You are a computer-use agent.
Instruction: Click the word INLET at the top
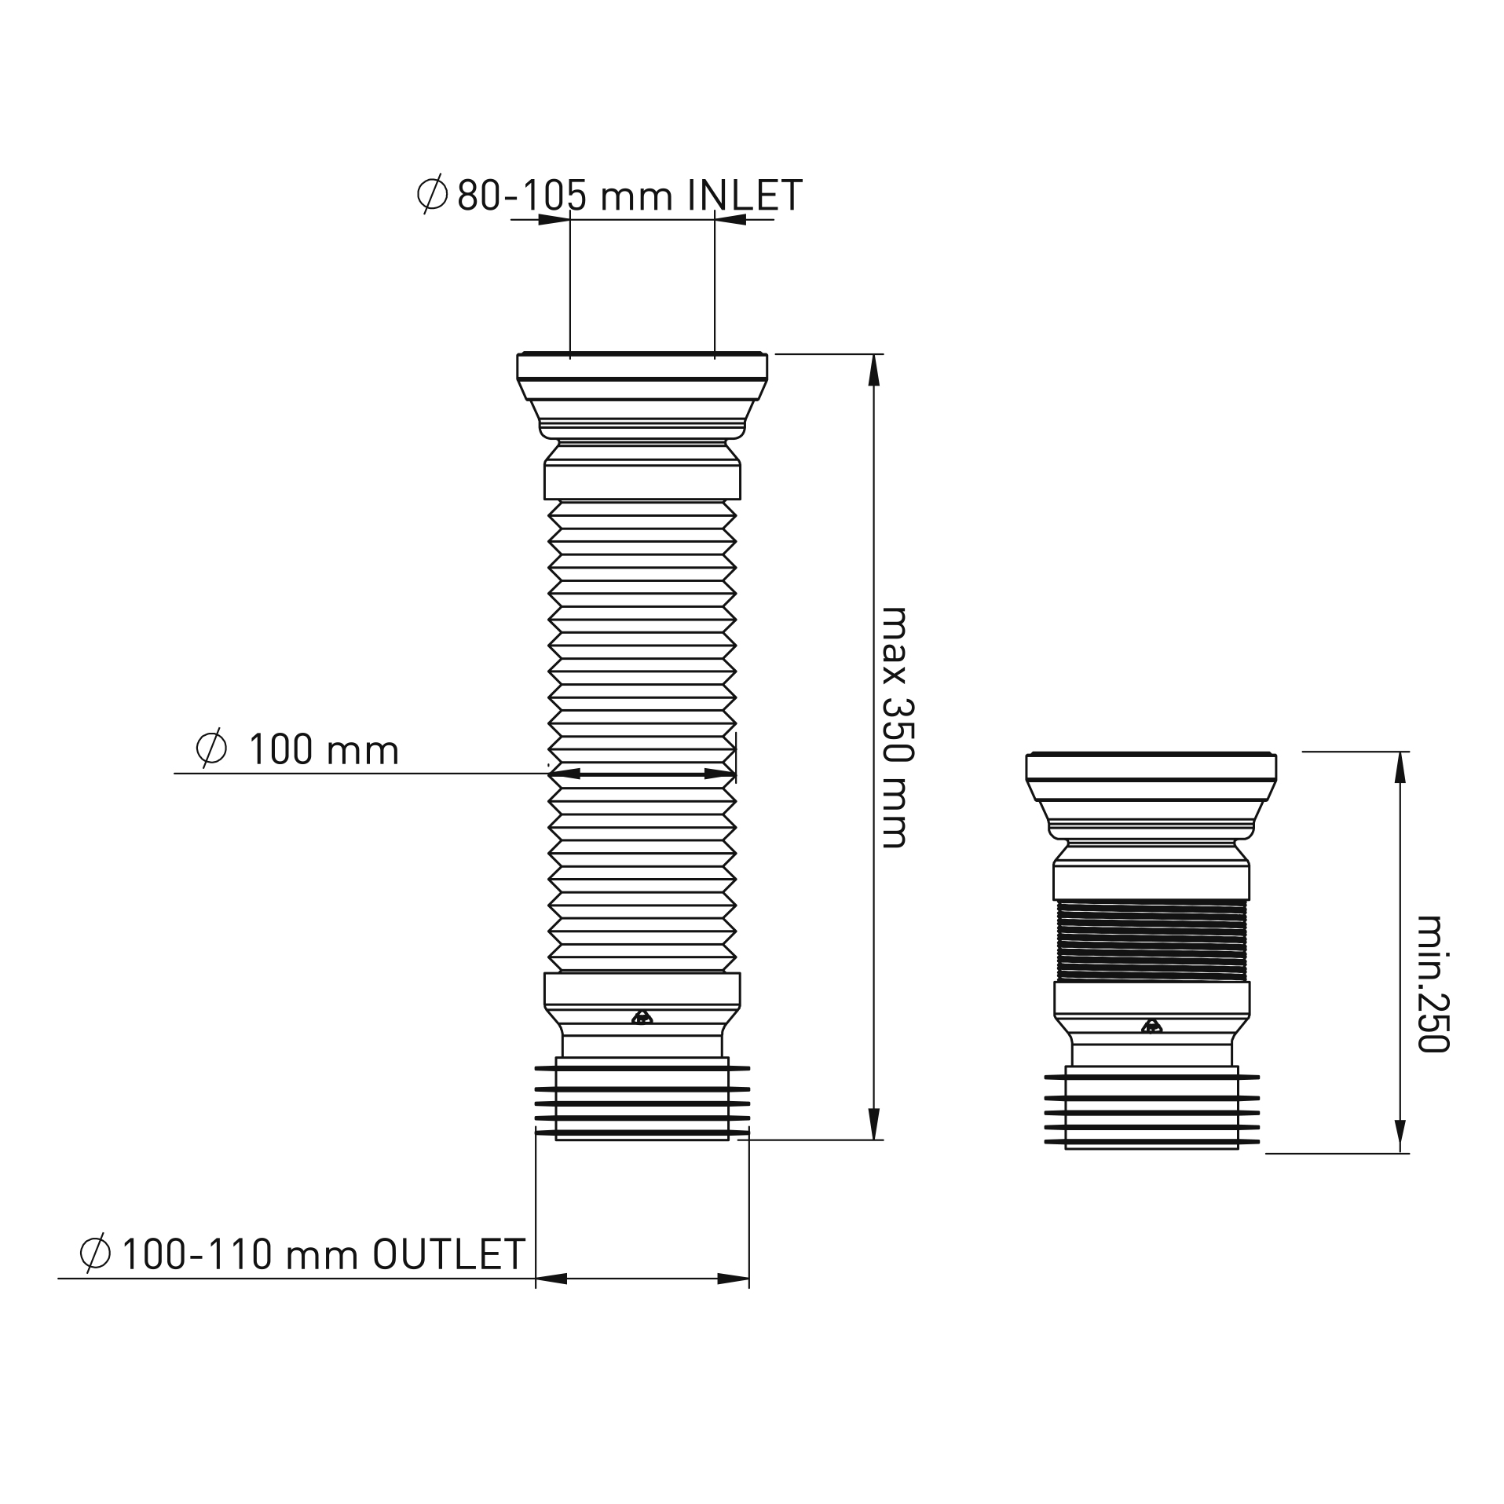745,196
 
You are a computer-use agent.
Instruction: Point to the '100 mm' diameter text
324,750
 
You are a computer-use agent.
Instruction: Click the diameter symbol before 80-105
432,193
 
